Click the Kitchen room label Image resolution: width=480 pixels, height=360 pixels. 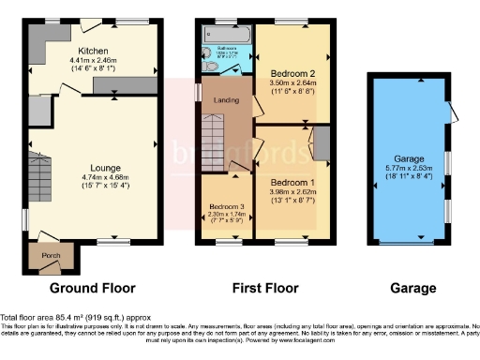coord(93,51)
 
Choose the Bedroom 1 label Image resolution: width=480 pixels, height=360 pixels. coord(292,183)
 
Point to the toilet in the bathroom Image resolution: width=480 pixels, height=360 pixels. coord(205,52)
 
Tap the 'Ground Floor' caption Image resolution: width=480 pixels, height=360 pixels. coord(92,288)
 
